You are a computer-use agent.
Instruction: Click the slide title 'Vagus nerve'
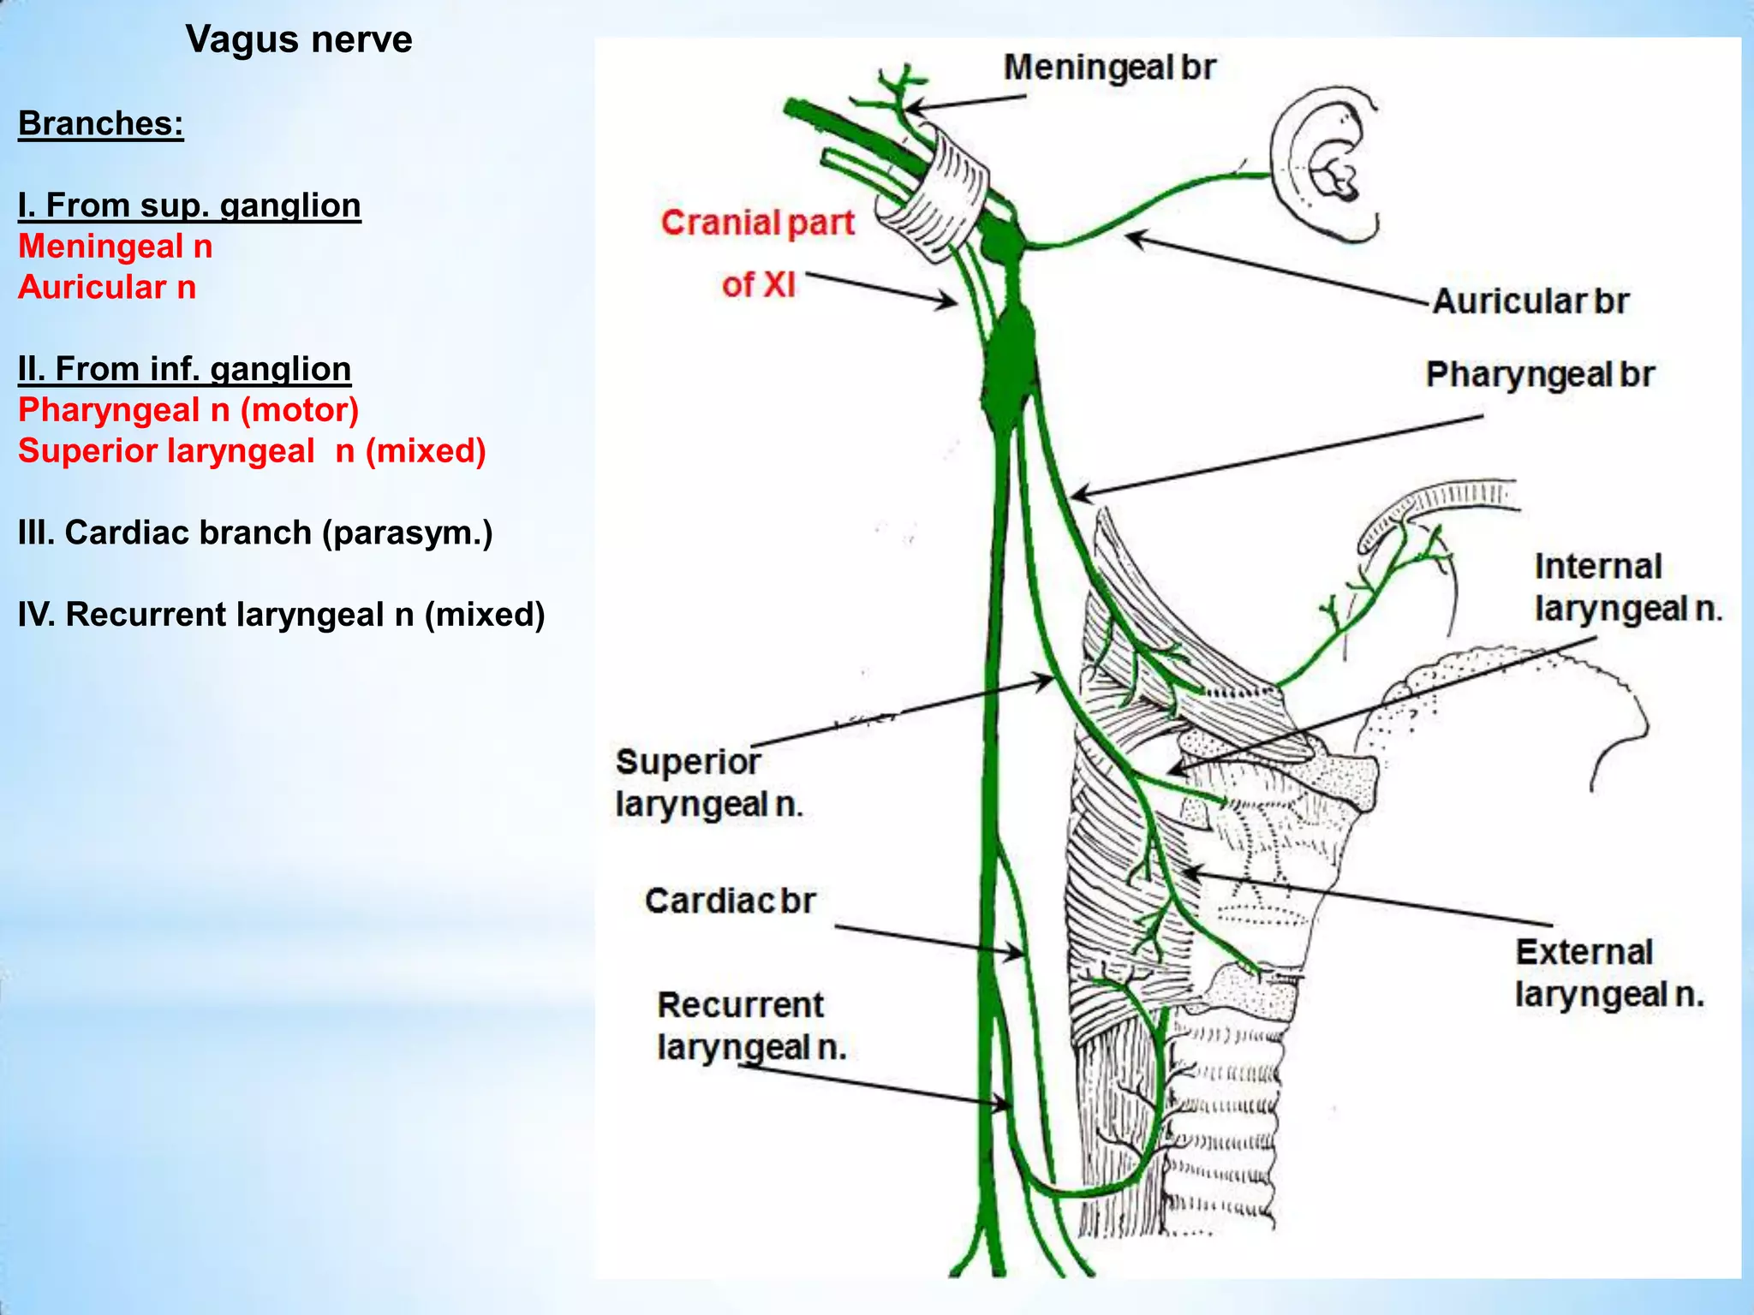[299, 39]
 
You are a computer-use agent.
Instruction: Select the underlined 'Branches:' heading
[101, 123]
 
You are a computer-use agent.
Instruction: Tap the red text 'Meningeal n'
[116, 247]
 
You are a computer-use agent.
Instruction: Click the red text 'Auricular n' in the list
[107, 288]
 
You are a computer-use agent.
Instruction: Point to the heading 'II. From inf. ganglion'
[184, 369]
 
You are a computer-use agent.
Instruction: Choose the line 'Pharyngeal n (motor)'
[188, 410]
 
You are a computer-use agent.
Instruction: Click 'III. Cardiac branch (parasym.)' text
[255, 533]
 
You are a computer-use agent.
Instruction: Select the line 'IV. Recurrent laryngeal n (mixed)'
[281, 615]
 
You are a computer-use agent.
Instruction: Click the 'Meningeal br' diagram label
[1109, 68]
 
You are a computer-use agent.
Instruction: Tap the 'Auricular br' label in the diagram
[1530, 301]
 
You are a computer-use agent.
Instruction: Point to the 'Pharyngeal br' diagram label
[1539, 375]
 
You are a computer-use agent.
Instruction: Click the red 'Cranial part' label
[758, 223]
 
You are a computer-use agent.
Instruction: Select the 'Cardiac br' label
[730, 901]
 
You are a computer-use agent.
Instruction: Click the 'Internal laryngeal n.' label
[1626, 587]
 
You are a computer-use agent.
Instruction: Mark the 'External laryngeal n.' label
[1609, 973]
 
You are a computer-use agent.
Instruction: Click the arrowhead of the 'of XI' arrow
[952, 302]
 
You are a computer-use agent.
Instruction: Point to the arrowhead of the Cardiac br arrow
[1018, 953]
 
